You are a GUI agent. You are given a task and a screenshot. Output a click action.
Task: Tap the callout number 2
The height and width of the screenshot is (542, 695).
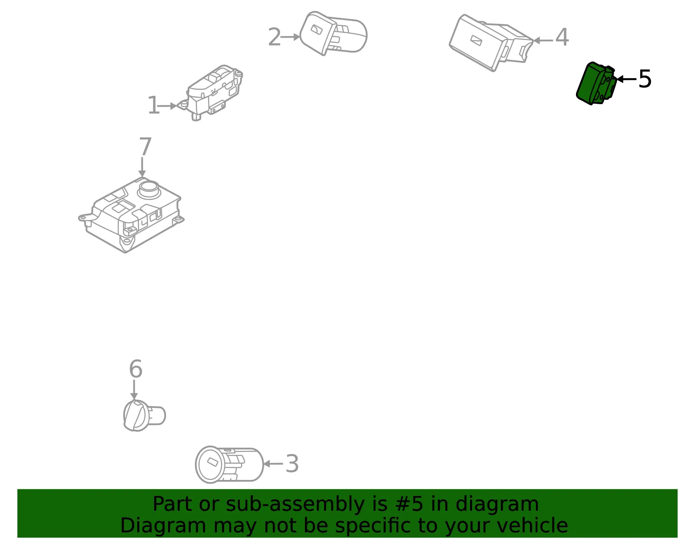(x=275, y=37)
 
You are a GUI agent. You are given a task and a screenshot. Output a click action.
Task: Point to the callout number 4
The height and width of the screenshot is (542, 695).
(x=562, y=37)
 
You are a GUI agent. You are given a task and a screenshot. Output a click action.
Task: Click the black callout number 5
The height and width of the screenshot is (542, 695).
(x=645, y=79)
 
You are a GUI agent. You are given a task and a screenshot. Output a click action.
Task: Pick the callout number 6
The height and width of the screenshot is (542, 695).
(x=136, y=368)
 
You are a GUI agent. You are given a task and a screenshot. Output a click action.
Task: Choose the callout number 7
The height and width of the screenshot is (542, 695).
(x=145, y=146)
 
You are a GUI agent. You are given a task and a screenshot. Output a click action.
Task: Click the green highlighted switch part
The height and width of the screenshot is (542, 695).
(x=596, y=83)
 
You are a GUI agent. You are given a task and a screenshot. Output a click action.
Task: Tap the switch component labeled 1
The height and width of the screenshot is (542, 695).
(x=213, y=92)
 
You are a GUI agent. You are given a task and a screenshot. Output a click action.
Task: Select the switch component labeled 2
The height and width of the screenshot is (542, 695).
(x=333, y=33)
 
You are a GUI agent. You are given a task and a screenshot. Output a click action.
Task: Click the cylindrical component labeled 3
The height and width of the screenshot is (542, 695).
(x=229, y=464)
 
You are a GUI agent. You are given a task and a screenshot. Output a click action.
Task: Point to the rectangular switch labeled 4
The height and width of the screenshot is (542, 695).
(x=491, y=43)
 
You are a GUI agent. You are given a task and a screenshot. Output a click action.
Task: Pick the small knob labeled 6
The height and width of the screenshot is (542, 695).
(x=144, y=415)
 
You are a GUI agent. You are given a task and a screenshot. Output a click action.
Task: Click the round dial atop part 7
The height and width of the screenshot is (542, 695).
(x=149, y=190)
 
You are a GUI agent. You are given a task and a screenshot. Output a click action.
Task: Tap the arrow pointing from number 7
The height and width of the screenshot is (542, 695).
(x=142, y=167)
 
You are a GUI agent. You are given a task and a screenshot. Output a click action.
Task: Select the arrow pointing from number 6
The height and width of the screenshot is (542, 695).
(x=134, y=389)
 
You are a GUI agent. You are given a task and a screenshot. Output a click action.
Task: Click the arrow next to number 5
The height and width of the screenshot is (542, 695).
(x=626, y=79)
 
